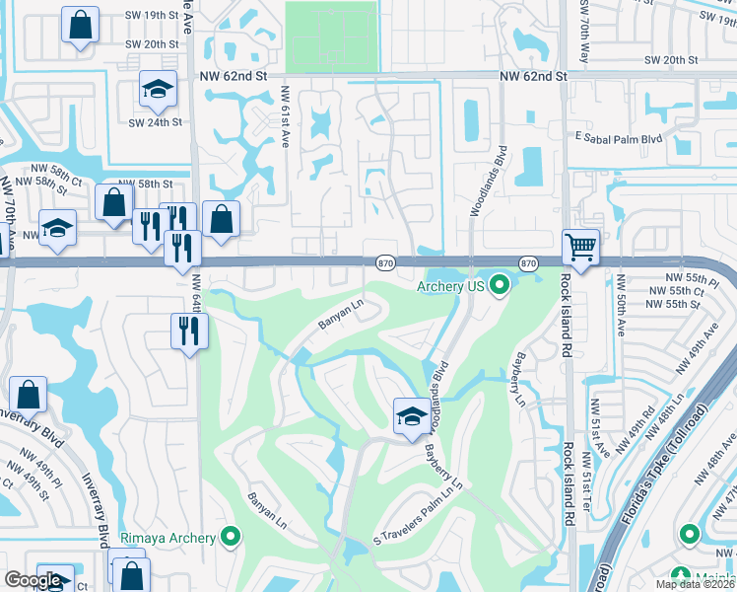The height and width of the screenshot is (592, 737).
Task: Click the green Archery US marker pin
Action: (x=501, y=286)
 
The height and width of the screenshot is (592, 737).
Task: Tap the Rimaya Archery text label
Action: (x=167, y=538)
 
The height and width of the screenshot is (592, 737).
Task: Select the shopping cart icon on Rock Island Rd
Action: (x=581, y=247)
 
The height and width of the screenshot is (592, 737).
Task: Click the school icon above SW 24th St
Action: (x=157, y=90)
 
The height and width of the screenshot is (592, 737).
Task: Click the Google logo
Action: (x=33, y=580)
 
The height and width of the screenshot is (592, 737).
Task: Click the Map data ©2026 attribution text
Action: (x=693, y=584)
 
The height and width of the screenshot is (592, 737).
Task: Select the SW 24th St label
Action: (x=156, y=122)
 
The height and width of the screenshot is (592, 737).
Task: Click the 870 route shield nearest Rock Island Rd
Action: (x=528, y=263)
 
